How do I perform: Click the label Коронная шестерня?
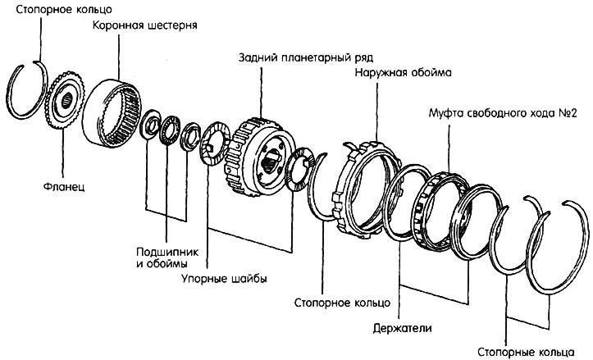click(145, 25)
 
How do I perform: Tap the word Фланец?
click(64, 186)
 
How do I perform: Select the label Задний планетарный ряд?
click(306, 58)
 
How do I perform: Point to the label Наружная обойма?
click(404, 72)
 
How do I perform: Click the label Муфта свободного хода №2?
click(503, 113)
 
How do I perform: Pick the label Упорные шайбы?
click(224, 279)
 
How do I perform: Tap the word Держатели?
click(403, 328)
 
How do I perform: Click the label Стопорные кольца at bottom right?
click(526, 351)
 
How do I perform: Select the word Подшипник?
click(167, 252)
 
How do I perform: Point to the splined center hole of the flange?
click(67, 100)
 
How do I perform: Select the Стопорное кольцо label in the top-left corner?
click(64, 10)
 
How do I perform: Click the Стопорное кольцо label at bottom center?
click(342, 303)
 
